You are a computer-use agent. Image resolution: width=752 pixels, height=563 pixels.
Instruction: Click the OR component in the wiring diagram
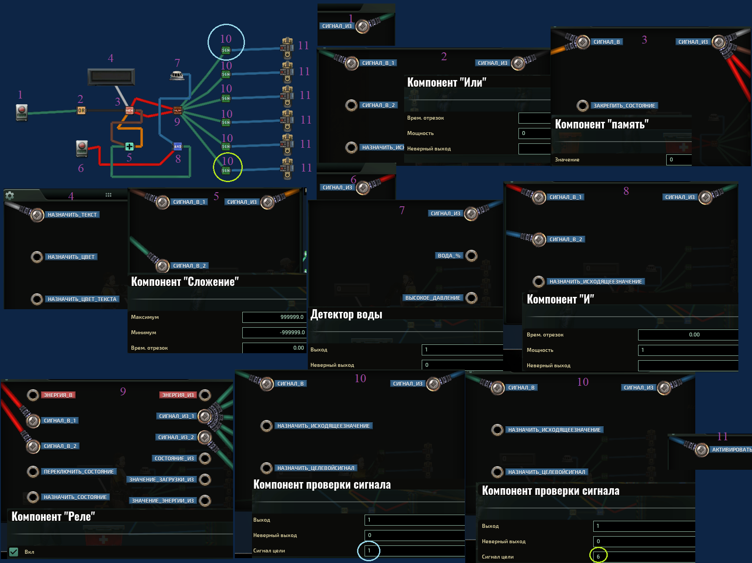(81, 111)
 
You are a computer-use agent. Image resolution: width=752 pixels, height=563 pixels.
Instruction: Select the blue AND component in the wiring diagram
(178, 146)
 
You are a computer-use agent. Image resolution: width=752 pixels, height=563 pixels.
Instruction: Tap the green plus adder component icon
(129, 146)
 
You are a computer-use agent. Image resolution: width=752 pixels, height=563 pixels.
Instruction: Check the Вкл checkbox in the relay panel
(14, 552)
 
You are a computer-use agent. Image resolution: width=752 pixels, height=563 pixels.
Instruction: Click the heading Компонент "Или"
(446, 83)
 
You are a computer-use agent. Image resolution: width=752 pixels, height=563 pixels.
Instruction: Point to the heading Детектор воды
(346, 314)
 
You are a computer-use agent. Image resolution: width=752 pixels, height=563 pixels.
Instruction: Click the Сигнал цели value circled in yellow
(598, 556)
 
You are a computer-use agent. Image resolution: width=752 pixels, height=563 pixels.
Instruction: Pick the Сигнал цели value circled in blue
(369, 551)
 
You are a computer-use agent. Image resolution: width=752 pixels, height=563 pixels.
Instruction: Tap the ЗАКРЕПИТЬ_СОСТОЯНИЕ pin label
(624, 106)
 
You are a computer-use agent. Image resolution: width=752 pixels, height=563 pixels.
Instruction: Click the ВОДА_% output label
(449, 256)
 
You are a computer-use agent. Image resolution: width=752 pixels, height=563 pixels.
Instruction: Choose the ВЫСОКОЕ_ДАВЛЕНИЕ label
(433, 298)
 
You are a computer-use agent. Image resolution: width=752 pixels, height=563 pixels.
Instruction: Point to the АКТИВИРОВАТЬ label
(731, 450)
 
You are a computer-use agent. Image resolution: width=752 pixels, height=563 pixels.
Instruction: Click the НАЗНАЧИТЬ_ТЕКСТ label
(72, 215)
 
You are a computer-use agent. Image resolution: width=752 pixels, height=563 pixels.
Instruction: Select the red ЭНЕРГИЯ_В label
(58, 395)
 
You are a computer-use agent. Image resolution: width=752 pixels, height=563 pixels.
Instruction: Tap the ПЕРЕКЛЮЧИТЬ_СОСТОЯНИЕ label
(79, 472)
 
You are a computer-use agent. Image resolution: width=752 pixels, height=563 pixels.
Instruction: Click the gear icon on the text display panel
(10, 195)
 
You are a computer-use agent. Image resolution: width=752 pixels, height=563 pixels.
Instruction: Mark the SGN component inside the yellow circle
(226, 170)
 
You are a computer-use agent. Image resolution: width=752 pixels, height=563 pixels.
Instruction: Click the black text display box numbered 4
(111, 77)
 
